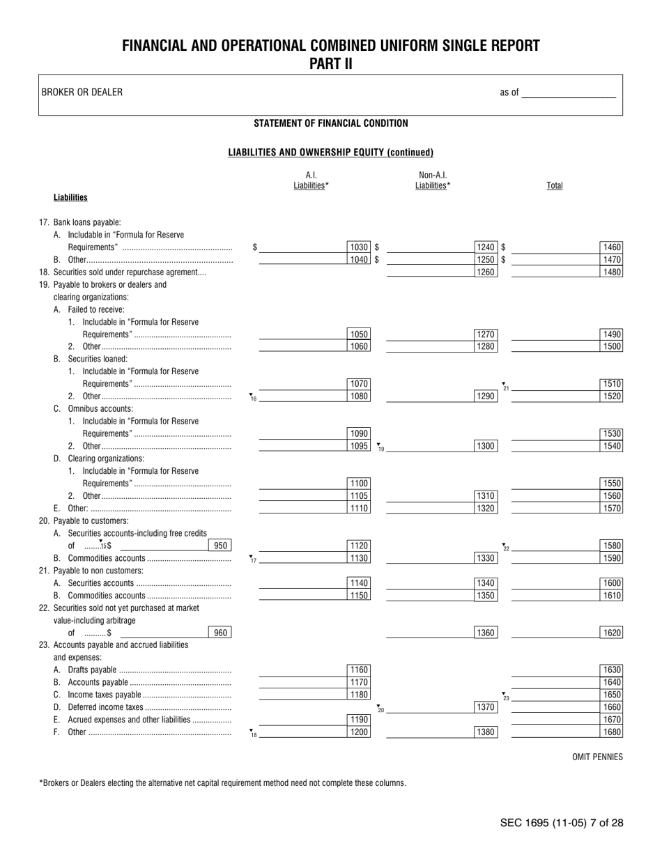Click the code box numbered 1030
[x=359, y=247]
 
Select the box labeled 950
[x=220, y=546]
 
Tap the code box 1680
[x=612, y=732]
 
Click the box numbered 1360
[x=486, y=633]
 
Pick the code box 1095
[x=359, y=446]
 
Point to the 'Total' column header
[x=555, y=185]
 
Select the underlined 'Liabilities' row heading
[x=70, y=198]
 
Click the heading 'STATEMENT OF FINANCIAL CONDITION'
[x=331, y=123]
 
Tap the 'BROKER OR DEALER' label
[x=82, y=92]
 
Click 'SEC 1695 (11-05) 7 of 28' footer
[x=562, y=824]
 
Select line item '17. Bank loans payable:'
[x=79, y=222]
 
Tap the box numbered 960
[x=220, y=633]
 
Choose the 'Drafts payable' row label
[x=92, y=670]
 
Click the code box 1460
[x=612, y=247]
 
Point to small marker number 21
[x=507, y=388]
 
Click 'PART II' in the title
[x=331, y=64]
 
